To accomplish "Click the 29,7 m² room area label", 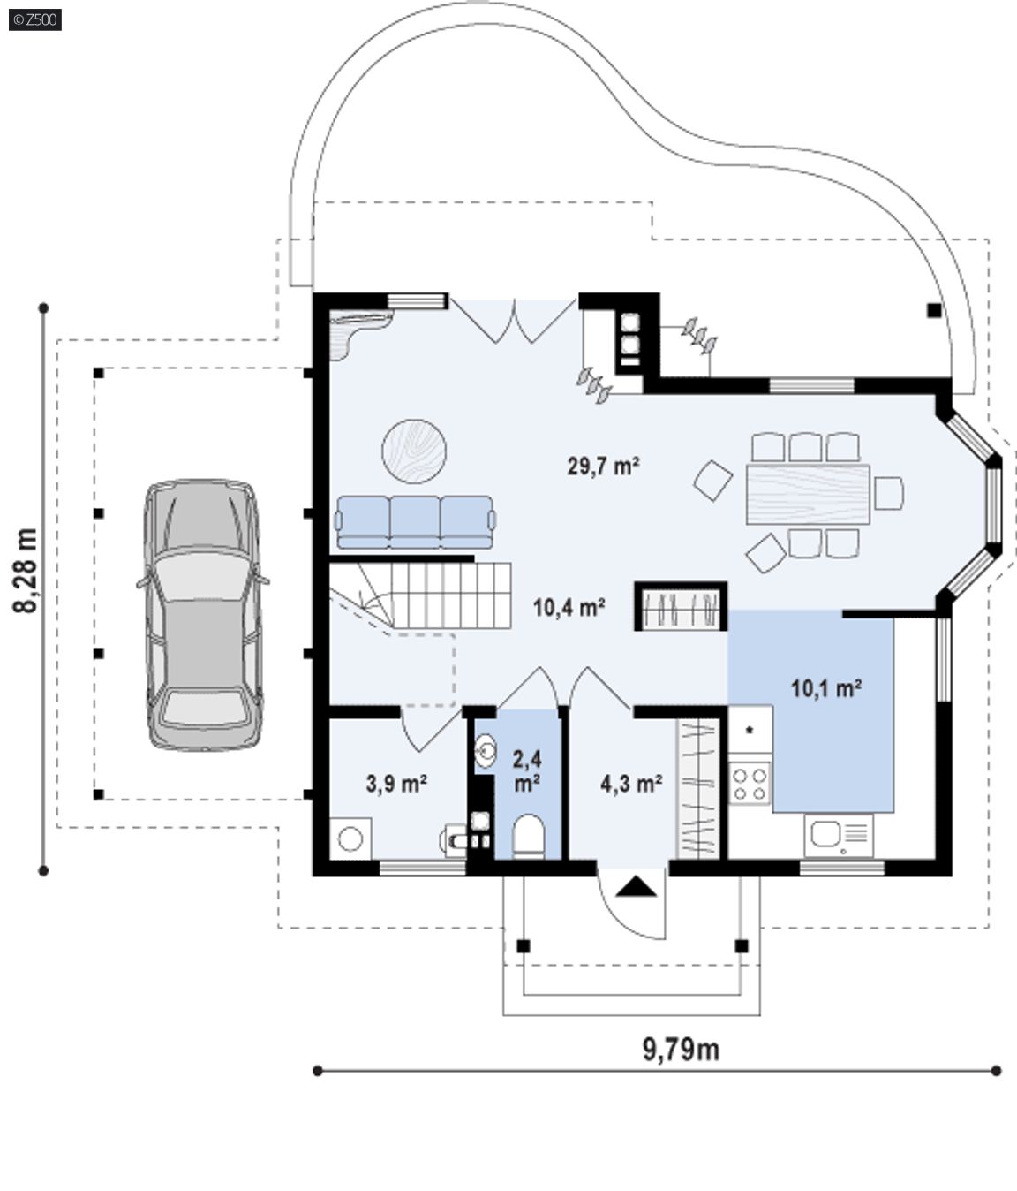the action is point(603,466).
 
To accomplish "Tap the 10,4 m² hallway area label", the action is point(569,607).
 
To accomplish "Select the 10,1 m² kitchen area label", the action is point(826,688).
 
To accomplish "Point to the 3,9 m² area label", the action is point(396,784).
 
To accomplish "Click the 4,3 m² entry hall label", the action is point(631,784).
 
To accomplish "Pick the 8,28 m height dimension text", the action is point(26,570).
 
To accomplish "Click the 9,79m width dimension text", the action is point(681,1050).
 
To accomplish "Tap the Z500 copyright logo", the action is point(35,20).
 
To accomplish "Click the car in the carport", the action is point(203,614).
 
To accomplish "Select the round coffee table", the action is point(414,451).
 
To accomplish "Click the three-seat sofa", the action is point(415,522).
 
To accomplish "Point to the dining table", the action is point(808,494).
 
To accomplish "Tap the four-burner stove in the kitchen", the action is point(750,783).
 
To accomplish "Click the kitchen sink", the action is point(839,834).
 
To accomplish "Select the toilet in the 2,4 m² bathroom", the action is point(528,835).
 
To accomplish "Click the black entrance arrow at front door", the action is point(636,887).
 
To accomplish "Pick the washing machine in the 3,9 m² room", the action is point(350,838).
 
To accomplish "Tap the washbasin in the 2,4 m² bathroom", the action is point(485,751).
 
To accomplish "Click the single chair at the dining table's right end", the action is point(889,493).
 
